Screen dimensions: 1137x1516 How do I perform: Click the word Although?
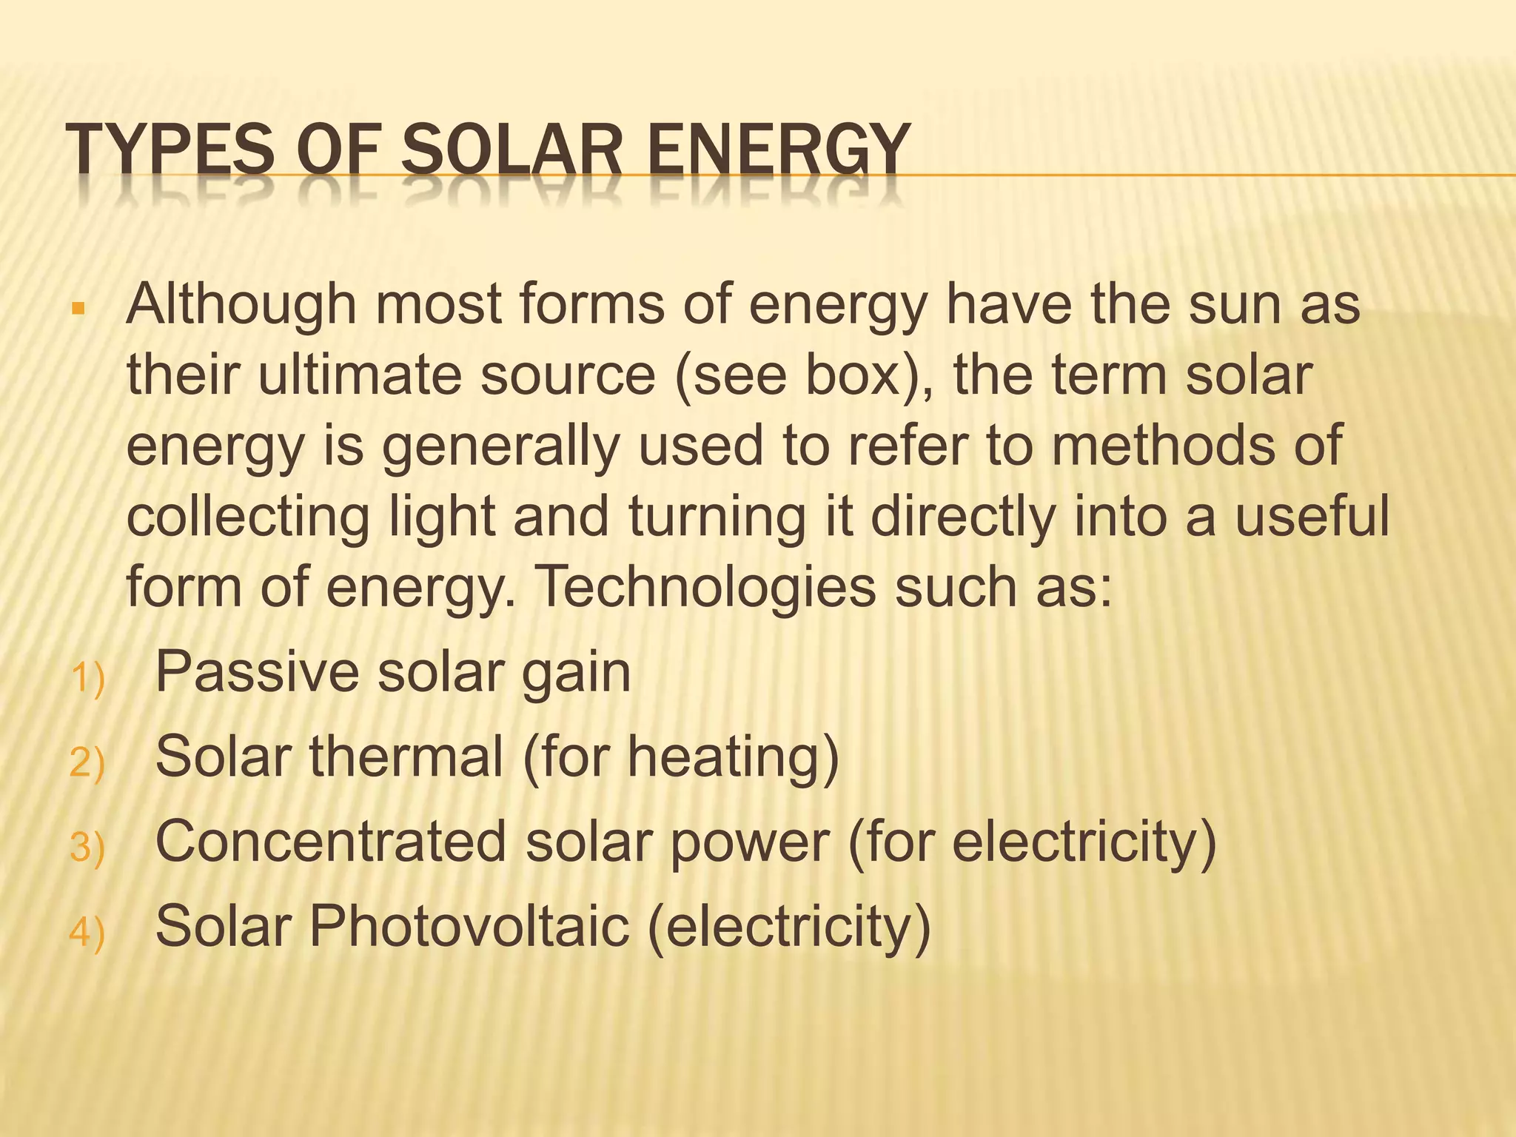pyautogui.click(x=241, y=305)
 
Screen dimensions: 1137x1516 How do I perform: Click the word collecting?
pyautogui.click(x=248, y=517)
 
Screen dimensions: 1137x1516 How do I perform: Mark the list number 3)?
pyautogui.click(x=87, y=847)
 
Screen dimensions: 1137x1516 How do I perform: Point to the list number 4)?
pyautogui.click(x=87, y=931)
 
